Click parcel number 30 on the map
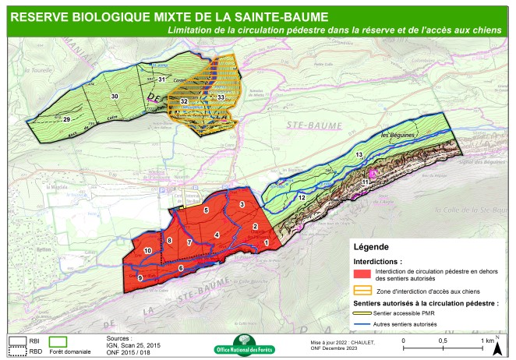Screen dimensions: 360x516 coord(115,96)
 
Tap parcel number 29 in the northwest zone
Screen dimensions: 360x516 coord(66,118)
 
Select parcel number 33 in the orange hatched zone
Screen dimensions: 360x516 coord(221,97)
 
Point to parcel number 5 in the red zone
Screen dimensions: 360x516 coord(206,210)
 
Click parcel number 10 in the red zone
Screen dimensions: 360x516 coord(148,250)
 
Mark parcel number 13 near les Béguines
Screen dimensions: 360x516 coord(359,157)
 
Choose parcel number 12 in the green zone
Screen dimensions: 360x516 coord(302,198)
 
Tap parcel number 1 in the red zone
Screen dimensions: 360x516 coord(267,243)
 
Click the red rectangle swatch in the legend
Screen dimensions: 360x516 coord(361,274)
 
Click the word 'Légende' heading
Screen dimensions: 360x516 coord(374,246)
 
